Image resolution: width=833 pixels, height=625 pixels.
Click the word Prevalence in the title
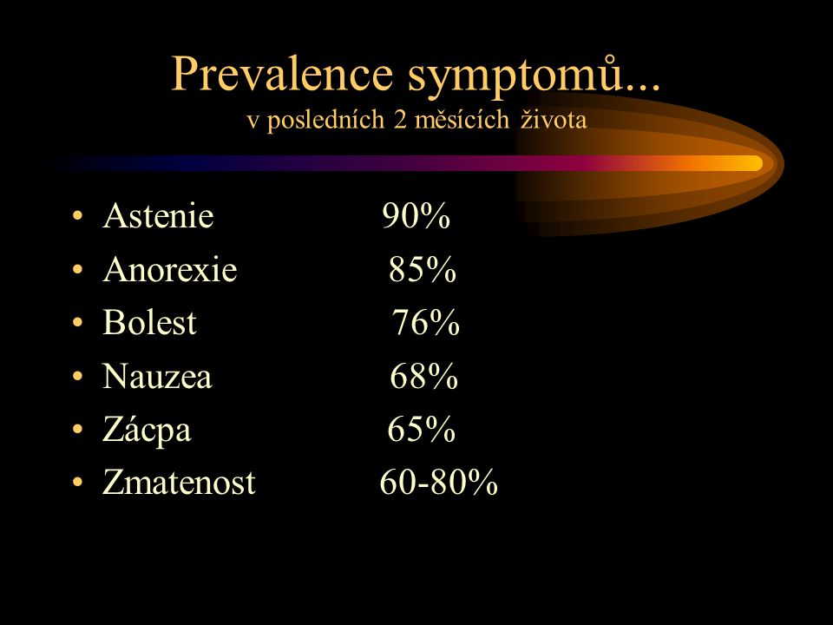pyautogui.click(x=282, y=74)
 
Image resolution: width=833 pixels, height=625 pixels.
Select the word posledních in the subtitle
pyautogui.click(x=325, y=120)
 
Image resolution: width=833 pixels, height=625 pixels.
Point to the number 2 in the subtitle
pyautogui.click(x=400, y=120)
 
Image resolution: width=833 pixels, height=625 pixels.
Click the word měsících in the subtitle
pyautogui.click(x=462, y=119)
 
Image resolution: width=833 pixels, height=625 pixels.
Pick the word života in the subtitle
pyautogui.click(x=554, y=119)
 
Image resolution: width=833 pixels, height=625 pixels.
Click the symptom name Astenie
pyautogui.click(x=158, y=216)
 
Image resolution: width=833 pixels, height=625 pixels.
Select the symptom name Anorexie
pyautogui.click(x=170, y=269)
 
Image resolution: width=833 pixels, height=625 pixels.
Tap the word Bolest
pyautogui.click(x=149, y=322)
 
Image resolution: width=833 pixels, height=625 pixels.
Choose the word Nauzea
pyautogui.click(x=157, y=376)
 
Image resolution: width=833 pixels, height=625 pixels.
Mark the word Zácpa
pyautogui.click(x=147, y=430)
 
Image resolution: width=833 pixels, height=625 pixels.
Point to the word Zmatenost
pyautogui.click(x=179, y=482)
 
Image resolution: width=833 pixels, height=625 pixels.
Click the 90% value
pyautogui.click(x=416, y=216)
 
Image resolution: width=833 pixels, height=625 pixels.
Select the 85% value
pyautogui.click(x=423, y=269)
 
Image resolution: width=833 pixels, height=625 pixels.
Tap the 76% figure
pyautogui.click(x=426, y=322)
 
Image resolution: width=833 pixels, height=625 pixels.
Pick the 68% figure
pyautogui.click(x=424, y=376)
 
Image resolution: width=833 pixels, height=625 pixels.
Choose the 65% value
pyautogui.click(x=422, y=429)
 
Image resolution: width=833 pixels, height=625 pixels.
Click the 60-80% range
pyautogui.click(x=439, y=482)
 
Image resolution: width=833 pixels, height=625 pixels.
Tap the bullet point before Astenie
pyautogui.click(x=77, y=216)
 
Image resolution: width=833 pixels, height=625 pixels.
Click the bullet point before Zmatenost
pyautogui.click(x=77, y=483)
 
